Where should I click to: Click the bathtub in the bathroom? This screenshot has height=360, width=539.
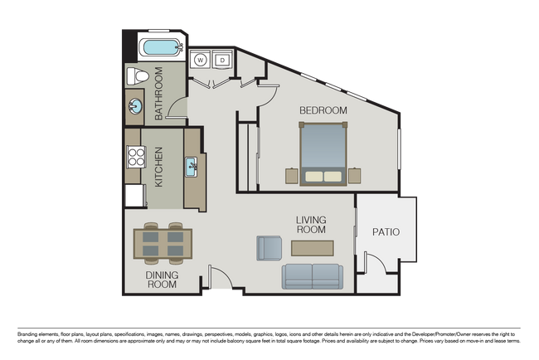click(161, 47)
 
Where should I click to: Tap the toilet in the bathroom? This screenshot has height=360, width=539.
click(139, 77)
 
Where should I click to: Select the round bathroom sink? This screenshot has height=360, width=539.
click(134, 106)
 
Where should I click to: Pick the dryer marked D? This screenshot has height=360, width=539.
click(221, 60)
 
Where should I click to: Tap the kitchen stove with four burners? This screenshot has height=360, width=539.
click(135, 158)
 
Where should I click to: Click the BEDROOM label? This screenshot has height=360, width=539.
click(323, 109)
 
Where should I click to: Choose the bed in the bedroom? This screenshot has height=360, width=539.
click(323, 153)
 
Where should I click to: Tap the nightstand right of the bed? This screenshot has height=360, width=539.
click(354, 176)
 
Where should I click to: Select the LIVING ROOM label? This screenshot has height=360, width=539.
click(312, 224)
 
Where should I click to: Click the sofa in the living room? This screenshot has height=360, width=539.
click(311, 276)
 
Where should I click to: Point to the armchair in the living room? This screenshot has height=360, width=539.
click(269, 247)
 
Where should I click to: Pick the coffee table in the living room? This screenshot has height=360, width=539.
click(313, 247)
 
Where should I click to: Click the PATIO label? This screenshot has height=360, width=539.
click(386, 232)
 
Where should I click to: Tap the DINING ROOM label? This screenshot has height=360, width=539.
click(162, 279)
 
